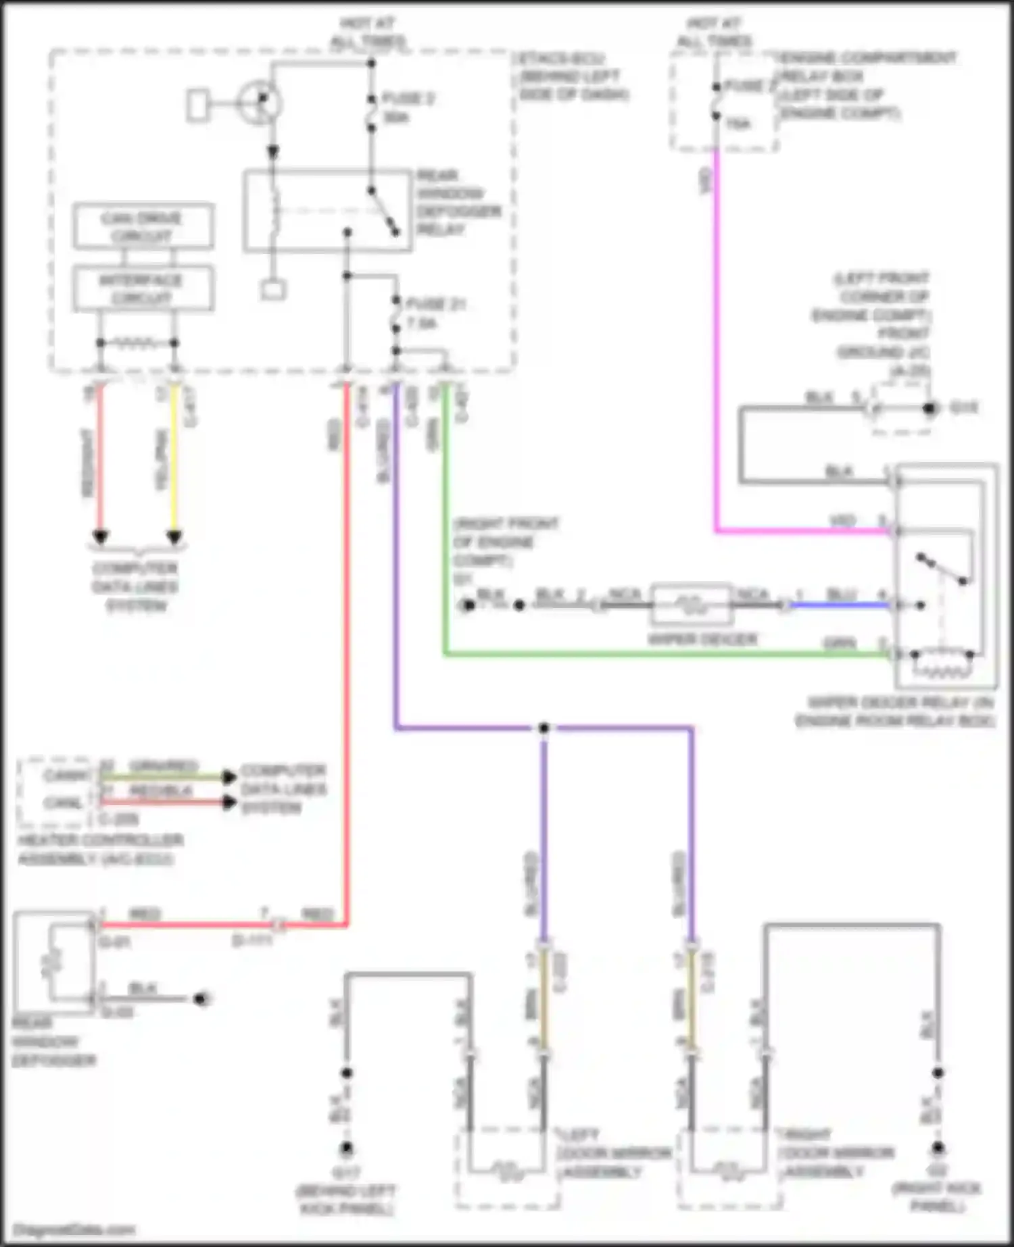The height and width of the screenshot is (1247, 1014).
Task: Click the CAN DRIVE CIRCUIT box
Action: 143,226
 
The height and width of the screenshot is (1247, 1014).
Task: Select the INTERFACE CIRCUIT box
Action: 143,289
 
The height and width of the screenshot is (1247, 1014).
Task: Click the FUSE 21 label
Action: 436,305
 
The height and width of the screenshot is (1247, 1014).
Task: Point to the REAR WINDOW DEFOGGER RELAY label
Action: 458,203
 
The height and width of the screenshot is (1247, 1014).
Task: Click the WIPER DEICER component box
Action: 691,604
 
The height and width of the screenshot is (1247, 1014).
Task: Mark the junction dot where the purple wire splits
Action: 544,728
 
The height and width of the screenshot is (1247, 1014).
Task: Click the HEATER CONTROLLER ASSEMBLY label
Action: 100,850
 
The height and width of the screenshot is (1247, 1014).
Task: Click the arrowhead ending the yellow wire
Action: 174,538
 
